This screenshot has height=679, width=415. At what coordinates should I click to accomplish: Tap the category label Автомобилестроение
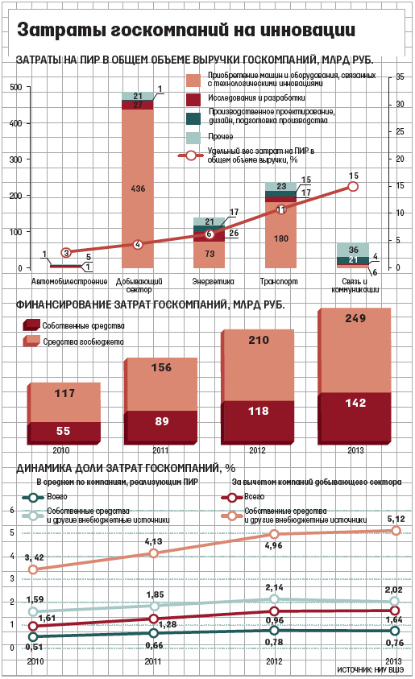pos(68,282)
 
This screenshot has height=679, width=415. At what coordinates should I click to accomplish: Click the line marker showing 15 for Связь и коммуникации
pos(353,187)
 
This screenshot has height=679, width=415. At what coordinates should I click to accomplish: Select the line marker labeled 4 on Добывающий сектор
pos(138,244)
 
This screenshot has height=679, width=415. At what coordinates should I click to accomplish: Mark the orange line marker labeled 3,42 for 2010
pos(33,569)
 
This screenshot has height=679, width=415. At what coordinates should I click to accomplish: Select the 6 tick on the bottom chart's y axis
pos(11,510)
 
